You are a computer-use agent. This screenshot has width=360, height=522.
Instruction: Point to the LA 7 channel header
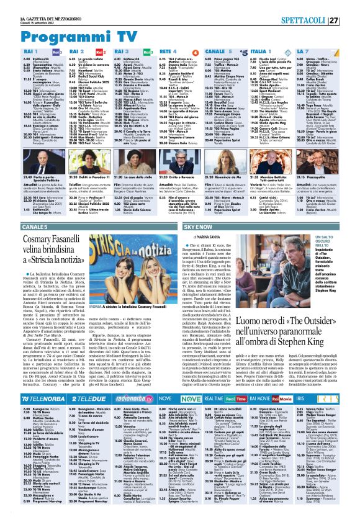(x=320, y=51)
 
